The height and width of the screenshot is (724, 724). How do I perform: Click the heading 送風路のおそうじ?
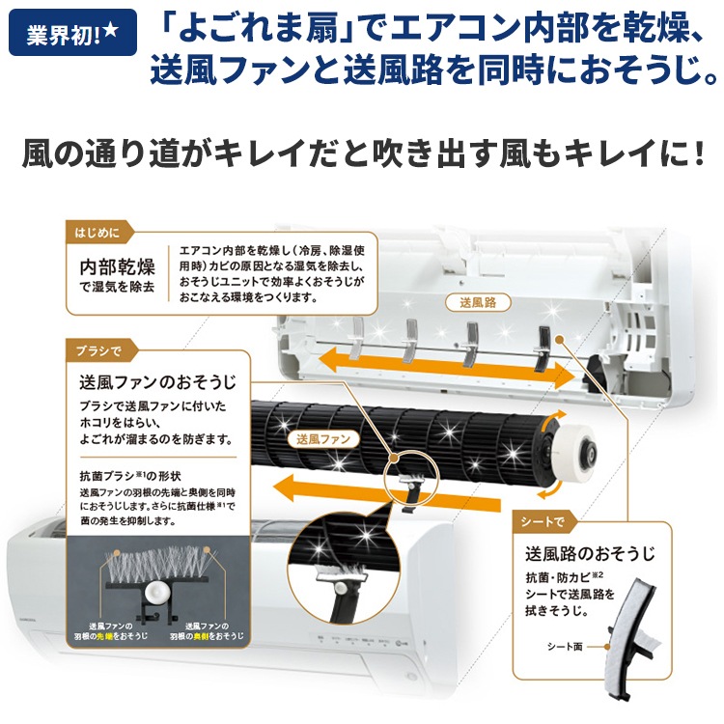590,554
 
